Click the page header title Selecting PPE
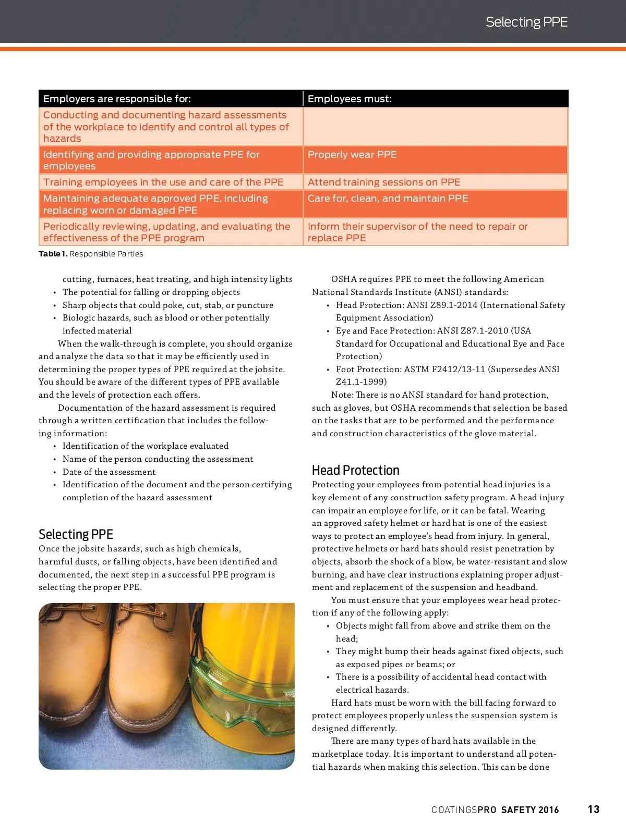point(526,22)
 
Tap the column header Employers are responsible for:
point(117,99)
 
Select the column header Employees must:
point(350,99)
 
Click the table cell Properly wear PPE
point(352,155)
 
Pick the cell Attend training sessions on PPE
point(384,182)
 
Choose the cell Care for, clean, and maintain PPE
point(388,199)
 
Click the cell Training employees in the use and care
point(163,182)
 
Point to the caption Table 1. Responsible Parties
point(91,254)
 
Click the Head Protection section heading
point(355,470)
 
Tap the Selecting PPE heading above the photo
point(76,534)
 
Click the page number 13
point(594,809)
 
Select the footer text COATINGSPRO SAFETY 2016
point(495,810)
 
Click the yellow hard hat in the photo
point(256,636)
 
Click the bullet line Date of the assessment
point(109,472)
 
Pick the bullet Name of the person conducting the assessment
point(158,459)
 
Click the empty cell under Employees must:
point(435,127)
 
